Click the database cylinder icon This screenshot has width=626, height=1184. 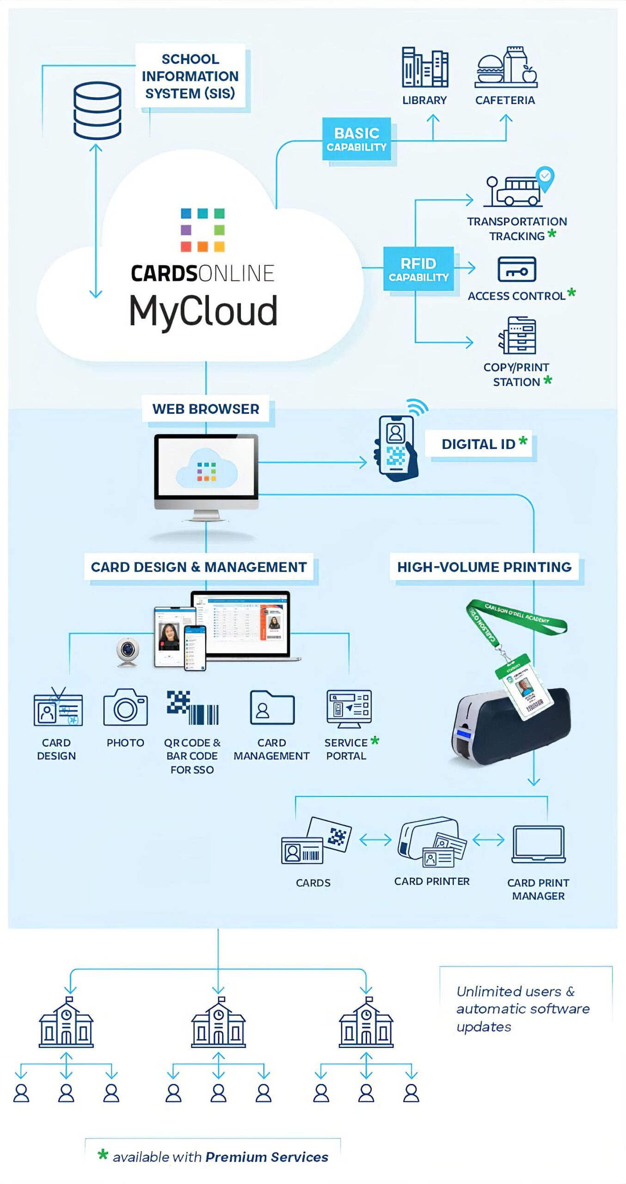[97, 111]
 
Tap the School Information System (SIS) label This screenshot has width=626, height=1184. [190, 76]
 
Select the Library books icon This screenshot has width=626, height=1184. [424, 68]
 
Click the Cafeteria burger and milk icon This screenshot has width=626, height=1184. [506, 68]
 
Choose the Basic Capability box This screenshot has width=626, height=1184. [356, 139]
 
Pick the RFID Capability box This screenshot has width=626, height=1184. [418, 269]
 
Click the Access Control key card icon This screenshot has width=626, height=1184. [516, 270]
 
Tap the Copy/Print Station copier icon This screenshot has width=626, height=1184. [517, 335]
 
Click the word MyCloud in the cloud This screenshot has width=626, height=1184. [203, 311]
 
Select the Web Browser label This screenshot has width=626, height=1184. [206, 409]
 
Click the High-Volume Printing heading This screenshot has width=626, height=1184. [484, 567]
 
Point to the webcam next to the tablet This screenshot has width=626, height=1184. [127, 651]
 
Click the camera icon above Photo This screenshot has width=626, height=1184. [125, 707]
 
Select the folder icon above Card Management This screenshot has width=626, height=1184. [272, 708]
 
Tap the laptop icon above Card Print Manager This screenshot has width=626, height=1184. [538, 844]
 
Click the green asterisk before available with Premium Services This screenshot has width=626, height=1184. [103, 1155]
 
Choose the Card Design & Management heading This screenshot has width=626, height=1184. [199, 567]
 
